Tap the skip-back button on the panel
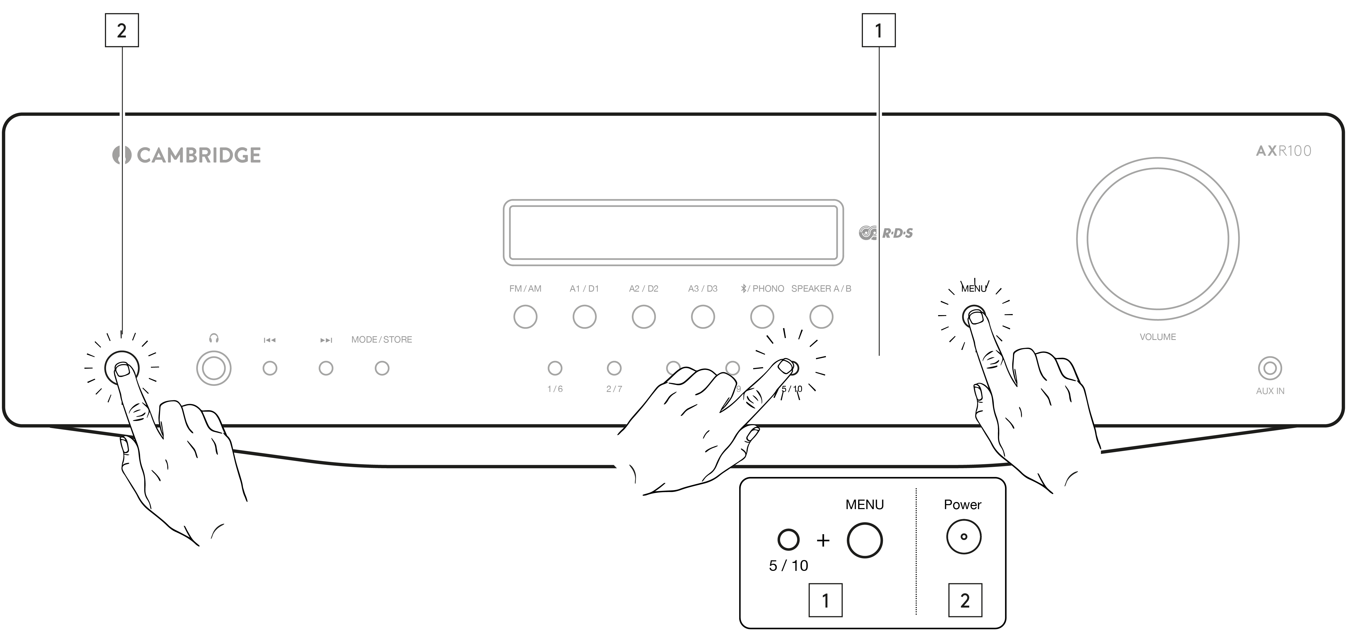270,368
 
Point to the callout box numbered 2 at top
122,30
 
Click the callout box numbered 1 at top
878,30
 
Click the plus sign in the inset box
823,540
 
